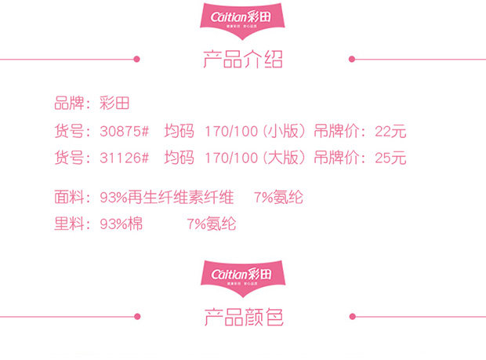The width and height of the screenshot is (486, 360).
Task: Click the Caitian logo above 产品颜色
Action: (x=243, y=276)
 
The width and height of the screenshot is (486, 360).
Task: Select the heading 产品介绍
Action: (x=243, y=60)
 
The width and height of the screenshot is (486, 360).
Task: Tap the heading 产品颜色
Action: (x=243, y=317)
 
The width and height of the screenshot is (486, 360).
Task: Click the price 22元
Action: (x=391, y=132)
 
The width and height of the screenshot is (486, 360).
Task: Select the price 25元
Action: (x=391, y=158)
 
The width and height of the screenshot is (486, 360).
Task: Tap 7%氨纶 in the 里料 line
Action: (x=212, y=224)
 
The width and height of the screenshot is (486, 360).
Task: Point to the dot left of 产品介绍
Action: (x=136, y=59)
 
